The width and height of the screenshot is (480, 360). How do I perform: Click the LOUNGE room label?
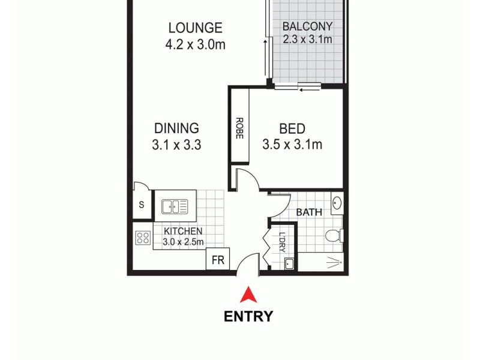195,28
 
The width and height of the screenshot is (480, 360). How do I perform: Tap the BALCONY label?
307,26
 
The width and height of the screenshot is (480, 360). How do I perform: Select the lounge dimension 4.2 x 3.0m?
195,44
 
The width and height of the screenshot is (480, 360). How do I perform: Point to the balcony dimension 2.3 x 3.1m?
307,40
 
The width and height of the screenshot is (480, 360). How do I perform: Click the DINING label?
176,128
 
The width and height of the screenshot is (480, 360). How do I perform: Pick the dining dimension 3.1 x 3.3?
176,145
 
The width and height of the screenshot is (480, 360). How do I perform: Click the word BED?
292,128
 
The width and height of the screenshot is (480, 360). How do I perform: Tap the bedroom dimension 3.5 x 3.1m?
292,145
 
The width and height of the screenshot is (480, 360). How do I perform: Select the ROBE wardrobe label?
239,127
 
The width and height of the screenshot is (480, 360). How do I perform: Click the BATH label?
310,212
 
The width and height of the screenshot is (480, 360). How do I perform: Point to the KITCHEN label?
183,232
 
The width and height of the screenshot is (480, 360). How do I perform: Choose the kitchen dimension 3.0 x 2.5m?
183,242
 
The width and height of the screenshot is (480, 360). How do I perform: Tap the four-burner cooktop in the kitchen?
143,238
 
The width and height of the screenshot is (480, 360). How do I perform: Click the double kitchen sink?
175,206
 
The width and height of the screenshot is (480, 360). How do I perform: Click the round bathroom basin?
337,202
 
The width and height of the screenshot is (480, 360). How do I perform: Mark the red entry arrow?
248,295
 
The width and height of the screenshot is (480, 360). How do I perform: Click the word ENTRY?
248,316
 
